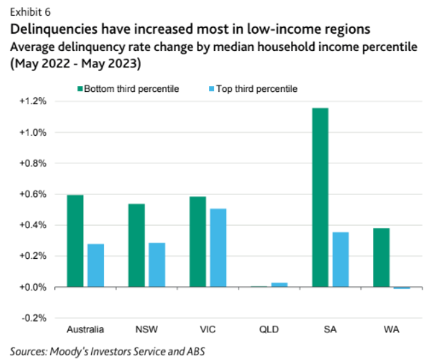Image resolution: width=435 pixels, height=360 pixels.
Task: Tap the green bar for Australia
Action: [75, 241]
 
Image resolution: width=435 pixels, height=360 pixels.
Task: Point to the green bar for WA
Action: [381, 257]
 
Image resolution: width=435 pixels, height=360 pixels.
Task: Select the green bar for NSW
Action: [136, 245]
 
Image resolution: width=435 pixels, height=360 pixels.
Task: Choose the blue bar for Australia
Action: [95, 265]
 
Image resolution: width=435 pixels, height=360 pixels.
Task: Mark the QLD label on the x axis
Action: [269, 329]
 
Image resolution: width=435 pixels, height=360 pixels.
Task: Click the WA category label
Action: [391, 329]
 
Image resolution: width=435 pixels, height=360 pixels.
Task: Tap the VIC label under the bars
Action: [208, 329]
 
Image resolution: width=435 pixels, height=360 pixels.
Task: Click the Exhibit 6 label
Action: [30, 12]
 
